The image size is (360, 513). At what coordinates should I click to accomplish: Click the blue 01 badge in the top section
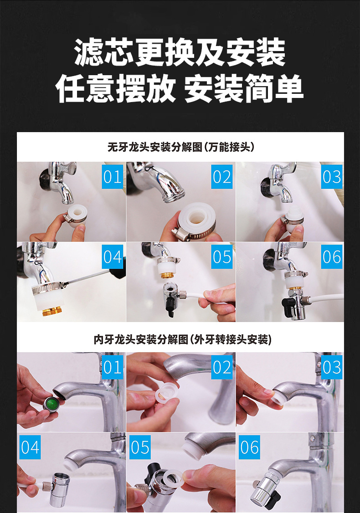coord(112,177)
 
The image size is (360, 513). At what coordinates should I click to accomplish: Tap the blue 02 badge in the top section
coord(222,177)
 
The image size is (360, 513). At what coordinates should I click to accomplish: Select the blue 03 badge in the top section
coord(332,177)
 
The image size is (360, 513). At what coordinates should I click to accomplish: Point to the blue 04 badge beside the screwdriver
coord(112,256)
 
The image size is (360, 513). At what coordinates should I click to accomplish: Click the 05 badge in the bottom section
coord(140,447)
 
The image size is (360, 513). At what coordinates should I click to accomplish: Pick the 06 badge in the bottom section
coord(249,447)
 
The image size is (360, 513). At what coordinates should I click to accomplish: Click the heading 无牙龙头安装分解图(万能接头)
coord(180,147)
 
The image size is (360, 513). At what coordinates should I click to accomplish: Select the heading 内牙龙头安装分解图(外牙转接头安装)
coord(182,339)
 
